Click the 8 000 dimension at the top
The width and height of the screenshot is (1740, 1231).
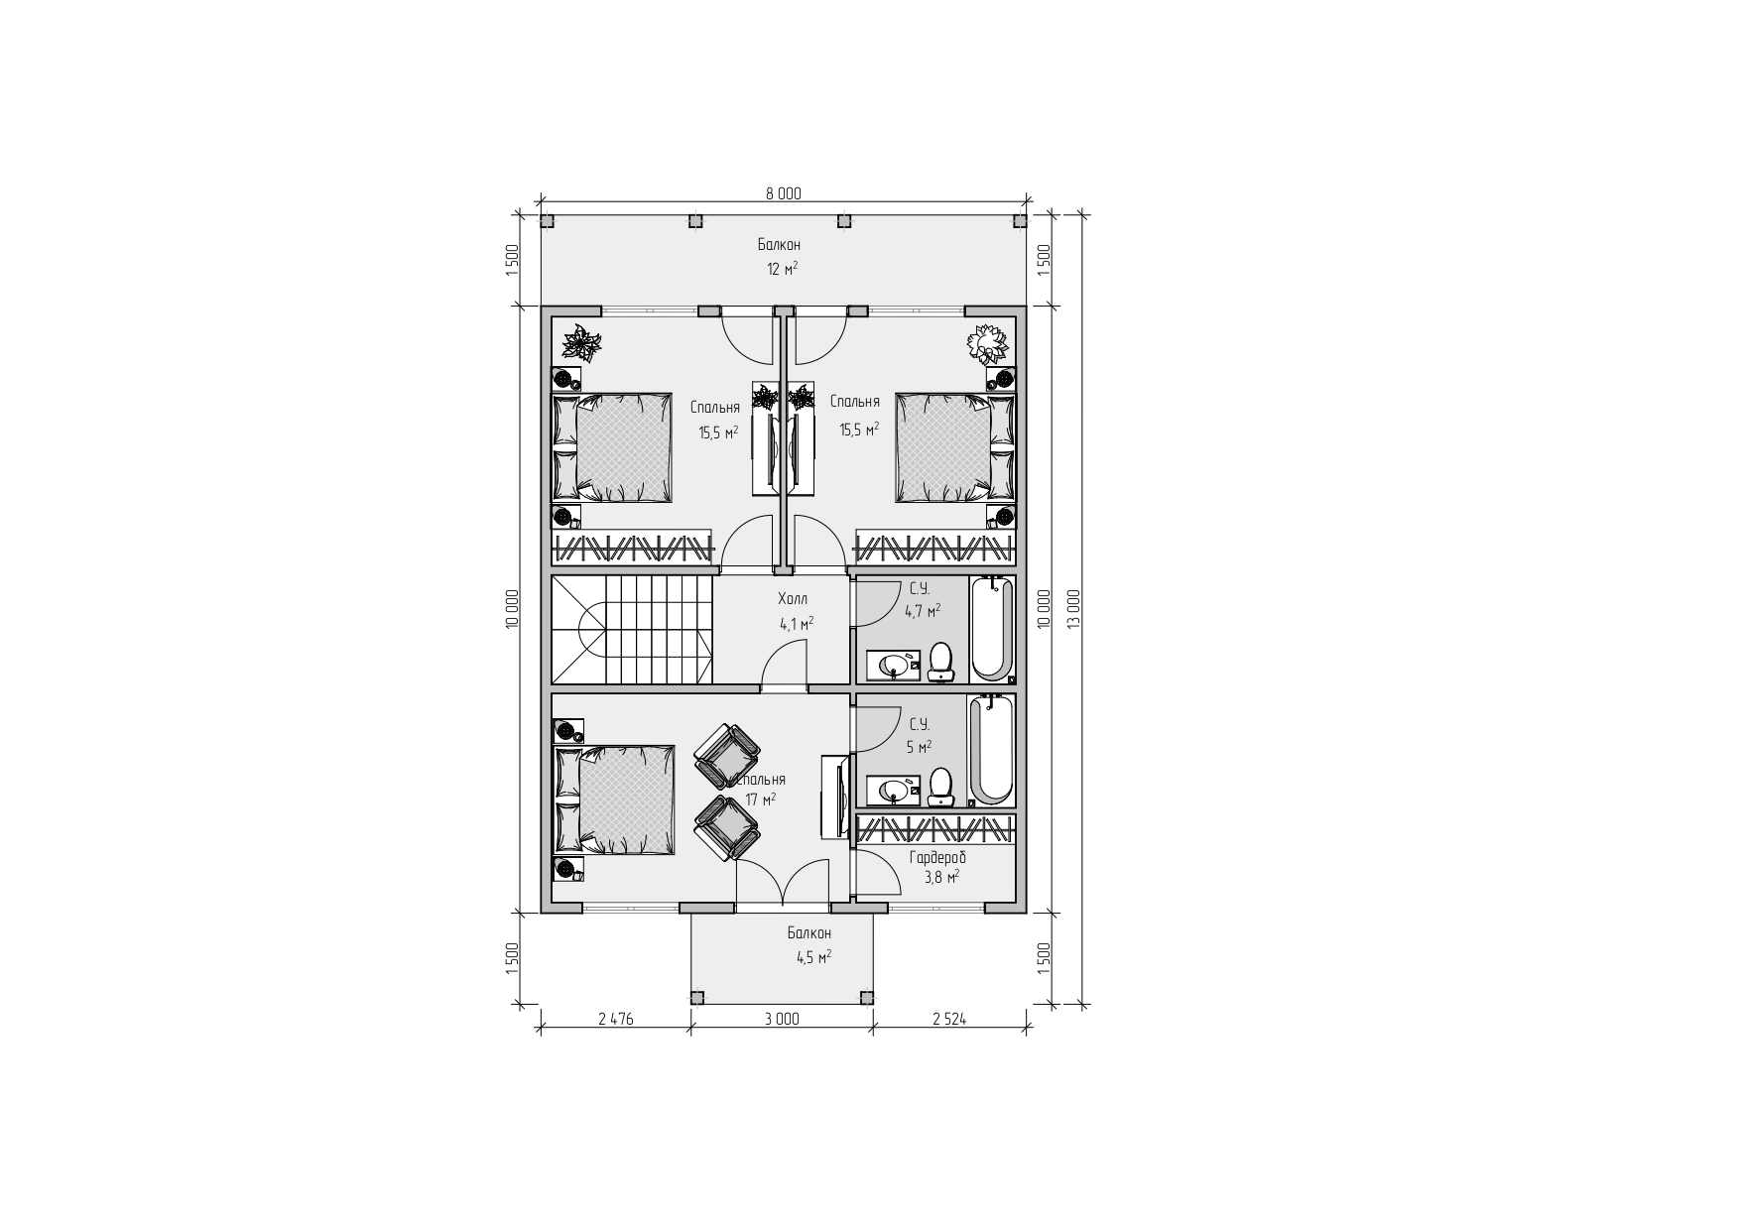(x=783, y=193)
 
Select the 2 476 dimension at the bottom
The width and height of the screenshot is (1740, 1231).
(x=615, y=1018)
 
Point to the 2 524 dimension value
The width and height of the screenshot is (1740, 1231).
(x=949, y=1018)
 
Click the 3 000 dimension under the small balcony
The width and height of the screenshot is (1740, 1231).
(x=782, y=1018)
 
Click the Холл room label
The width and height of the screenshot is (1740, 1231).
(x=793, y=599)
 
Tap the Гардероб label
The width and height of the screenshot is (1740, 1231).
(x=937, y=857)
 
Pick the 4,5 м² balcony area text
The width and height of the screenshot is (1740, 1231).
(x=813, y=957)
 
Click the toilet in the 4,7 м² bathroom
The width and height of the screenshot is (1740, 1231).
(x=940, y=662)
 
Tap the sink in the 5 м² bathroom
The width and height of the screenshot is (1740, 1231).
(x=895, y=791)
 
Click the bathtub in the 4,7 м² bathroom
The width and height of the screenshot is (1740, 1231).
(x=991, y=628)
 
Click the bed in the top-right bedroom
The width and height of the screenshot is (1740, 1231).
(x=955, y=447)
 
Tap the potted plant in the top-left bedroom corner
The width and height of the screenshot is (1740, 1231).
(x=582, y=343)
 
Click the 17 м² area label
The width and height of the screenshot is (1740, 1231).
(x=761, y=799)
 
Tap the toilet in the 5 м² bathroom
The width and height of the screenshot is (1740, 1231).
(x=940, y=787)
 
